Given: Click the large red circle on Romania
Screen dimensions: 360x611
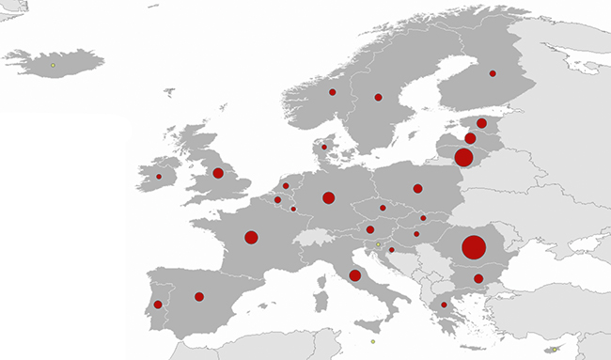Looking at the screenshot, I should (474, 248).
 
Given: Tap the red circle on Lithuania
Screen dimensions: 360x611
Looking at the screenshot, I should (463, 157).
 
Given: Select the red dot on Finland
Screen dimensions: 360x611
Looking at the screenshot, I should (493, 73).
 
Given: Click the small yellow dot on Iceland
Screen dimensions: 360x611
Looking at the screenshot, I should (53, 65).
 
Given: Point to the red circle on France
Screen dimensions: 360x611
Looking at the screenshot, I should (251, 237).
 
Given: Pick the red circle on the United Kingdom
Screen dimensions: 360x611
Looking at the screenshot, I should (218, 173).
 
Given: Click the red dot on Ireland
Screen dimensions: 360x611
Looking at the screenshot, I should (159, 177).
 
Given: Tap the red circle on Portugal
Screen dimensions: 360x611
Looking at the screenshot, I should (158, 305).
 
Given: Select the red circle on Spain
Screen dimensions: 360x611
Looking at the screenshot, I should (199, 297).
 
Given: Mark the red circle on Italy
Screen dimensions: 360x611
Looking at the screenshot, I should (354, 275).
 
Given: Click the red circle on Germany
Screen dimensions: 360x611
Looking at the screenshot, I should (328, 197).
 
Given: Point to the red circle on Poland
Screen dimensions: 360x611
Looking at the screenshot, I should (417, 188).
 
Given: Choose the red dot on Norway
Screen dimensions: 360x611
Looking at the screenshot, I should (332, 92).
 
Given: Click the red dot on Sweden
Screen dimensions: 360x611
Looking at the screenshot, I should (378, 97).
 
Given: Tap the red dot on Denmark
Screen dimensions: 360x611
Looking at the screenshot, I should (324, 147).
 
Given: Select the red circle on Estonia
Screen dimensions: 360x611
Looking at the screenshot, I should (481, 123).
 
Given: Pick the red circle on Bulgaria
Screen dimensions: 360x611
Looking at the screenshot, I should (478, 278).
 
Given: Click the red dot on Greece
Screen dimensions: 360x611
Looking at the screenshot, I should (444, 305).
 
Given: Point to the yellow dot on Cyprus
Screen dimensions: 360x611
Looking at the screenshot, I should (555, 350).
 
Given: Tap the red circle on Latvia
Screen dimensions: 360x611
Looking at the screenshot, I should (470, 138).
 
